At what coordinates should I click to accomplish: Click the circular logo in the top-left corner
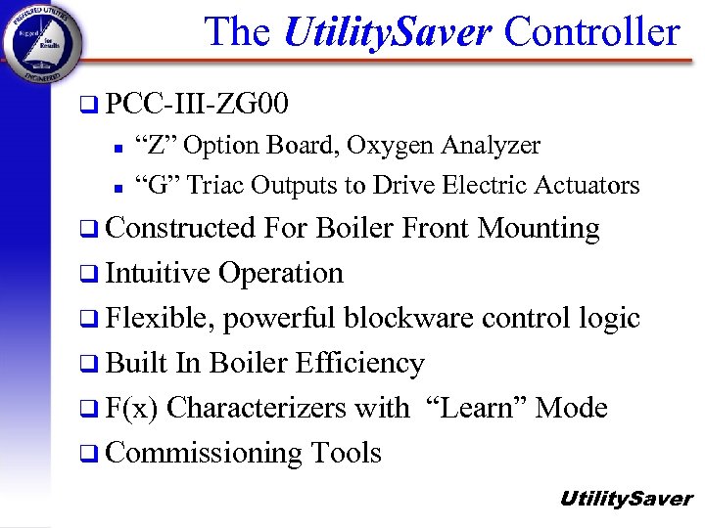coord(43,43)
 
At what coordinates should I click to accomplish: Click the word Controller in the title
coord(591,32)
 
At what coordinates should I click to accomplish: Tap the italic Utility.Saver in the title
coord(387,32)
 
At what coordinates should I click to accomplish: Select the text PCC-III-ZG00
coord(197,103)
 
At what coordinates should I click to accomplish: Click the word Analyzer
coord(491,147)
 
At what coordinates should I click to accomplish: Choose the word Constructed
coord(181,228)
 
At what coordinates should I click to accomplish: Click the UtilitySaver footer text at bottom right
coord(626,499)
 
